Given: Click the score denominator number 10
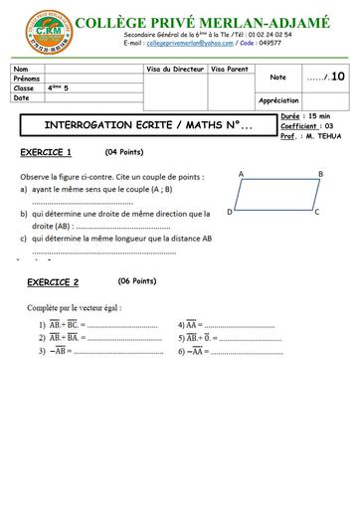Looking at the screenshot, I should coord(338,76).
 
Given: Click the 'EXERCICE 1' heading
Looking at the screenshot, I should coord(46,152).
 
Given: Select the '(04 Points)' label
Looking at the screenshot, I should coord(128,152).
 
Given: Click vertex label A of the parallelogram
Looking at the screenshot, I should coord(241,174).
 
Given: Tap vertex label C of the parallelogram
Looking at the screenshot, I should coord(316,212).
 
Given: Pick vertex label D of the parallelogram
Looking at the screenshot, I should coord(230,212).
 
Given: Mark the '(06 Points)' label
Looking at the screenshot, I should coord(137,281).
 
